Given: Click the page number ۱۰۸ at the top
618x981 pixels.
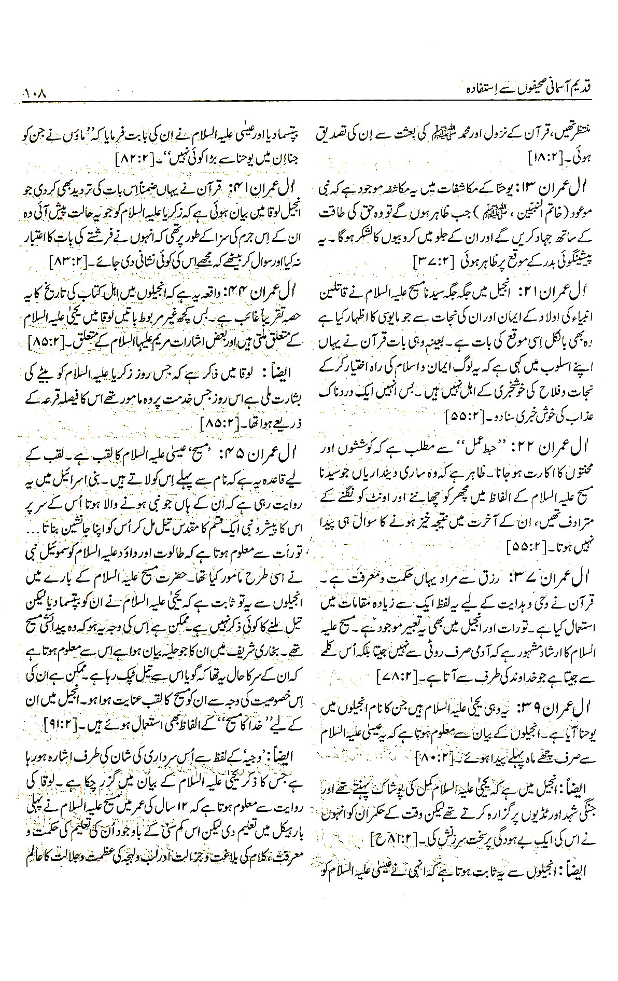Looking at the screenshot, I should pos(36,95).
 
